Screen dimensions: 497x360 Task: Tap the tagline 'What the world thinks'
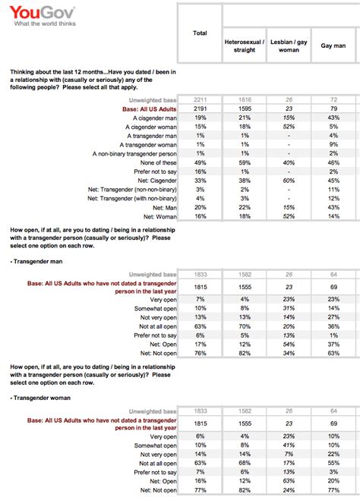click(43, 23)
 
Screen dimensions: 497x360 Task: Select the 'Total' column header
click(200, 33)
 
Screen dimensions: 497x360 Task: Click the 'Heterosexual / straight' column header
click(244, 43)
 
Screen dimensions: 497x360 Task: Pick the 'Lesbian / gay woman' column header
click(289, 43)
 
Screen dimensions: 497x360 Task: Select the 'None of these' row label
click(156, 160)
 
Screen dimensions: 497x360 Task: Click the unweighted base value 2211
click(200, 101)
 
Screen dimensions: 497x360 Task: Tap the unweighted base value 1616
click(244, 101)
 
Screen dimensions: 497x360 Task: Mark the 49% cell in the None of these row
click(200, 160)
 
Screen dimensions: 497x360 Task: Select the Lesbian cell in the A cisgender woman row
click(289, 127)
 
